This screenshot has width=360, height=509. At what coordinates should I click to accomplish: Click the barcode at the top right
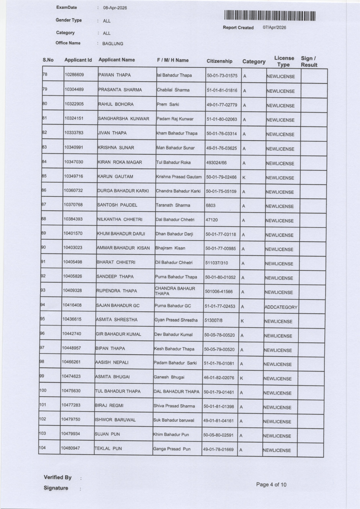270,16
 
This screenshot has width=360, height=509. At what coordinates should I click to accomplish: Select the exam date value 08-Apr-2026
115,8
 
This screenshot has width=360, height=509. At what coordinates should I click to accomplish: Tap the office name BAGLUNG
113,44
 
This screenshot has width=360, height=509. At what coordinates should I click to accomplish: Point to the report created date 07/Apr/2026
274,28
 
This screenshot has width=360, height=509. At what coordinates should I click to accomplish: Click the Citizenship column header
219,61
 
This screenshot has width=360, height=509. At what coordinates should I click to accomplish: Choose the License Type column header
284,61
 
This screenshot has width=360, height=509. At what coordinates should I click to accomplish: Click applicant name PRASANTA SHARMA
120,90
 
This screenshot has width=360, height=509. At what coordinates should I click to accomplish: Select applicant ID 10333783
74,133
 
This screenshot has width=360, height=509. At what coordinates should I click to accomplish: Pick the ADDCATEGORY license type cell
281,307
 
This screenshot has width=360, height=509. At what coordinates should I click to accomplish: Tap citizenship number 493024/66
216,163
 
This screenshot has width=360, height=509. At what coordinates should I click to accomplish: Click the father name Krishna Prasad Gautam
179,177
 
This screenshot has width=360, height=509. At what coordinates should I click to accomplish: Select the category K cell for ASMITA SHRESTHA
242,321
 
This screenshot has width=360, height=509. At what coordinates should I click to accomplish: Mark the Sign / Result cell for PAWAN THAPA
314,76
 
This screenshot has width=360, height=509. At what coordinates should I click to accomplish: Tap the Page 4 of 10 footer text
271,484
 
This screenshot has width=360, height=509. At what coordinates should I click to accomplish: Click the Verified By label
57,478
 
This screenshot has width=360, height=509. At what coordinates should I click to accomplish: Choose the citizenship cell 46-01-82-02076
219,378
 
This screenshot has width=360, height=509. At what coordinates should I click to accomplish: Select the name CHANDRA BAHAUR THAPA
175,291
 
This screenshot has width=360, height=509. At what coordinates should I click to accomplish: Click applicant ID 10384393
73,219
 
